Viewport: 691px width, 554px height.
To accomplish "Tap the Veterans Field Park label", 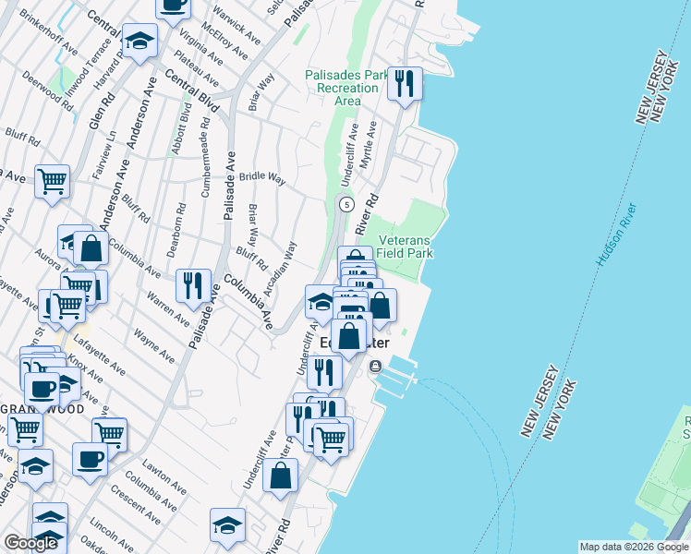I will [404, 246].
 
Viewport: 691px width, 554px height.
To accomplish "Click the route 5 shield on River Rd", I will [345, 203].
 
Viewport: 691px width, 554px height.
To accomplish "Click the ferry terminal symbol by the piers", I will [375, 367].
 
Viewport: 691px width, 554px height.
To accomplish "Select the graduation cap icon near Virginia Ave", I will [139, 41].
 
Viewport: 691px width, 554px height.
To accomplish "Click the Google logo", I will [30, 543].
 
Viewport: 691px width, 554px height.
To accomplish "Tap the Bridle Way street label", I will [261, 176].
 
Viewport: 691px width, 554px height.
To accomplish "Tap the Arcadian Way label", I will [279, 269].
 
